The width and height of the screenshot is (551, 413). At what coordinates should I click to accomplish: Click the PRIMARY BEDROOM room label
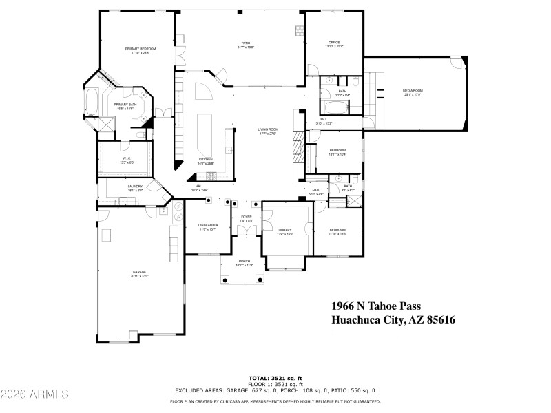tap(140, 49)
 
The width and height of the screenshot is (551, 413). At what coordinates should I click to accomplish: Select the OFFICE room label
tap(334, 43)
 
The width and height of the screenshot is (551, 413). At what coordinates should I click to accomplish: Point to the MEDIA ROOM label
tap(413, 91)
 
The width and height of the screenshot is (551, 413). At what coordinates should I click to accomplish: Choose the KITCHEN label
tap(205, 159)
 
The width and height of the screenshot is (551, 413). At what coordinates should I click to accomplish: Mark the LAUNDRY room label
tap(135, 186)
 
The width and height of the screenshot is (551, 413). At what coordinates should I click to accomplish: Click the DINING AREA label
tap(208, 226)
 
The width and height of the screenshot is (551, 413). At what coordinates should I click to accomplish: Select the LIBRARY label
tap(285, 231)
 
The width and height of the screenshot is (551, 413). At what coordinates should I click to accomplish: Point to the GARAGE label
tap(140, 273)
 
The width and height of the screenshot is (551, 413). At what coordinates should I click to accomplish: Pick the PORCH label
tap(245, 262)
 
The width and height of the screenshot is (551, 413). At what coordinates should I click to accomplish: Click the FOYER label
tap(246, 217)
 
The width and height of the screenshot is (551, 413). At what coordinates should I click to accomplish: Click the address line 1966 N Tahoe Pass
tap(376, 306)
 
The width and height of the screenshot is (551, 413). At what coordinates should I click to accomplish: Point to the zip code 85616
tap(441, 319)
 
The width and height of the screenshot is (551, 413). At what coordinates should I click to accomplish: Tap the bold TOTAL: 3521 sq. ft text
tap(275, 378)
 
